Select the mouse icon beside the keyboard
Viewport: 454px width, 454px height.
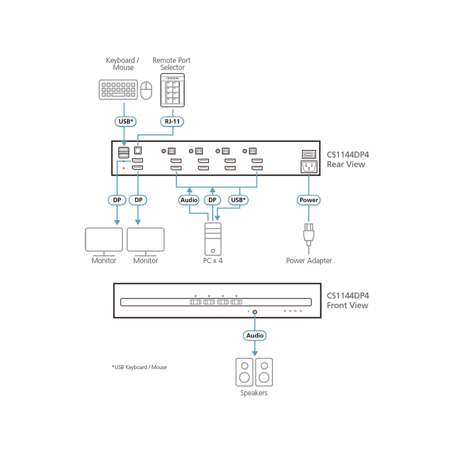click(x=146, y=90)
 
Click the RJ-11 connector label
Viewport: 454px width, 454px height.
click(x=172, y=121)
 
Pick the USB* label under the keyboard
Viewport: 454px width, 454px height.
click(x=124, y=121)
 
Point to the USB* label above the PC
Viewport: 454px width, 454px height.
click(x=239, y=200)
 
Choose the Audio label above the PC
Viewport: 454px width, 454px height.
click(x=189, y=200)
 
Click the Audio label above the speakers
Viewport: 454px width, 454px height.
click(x=255, y=336)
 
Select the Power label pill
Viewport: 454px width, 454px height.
click(x=309, y=200)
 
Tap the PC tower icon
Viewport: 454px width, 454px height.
click(x=213, y=238)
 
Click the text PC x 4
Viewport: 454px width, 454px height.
click(x=213, y=261)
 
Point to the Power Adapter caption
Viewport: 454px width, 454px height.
click(x=309, y=261)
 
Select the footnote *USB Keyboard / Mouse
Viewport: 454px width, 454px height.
click(x=139, y=367)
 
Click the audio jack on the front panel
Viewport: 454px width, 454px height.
click(x=255, y=312)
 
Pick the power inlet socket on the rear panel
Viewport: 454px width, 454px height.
click(x=309, y=167)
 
